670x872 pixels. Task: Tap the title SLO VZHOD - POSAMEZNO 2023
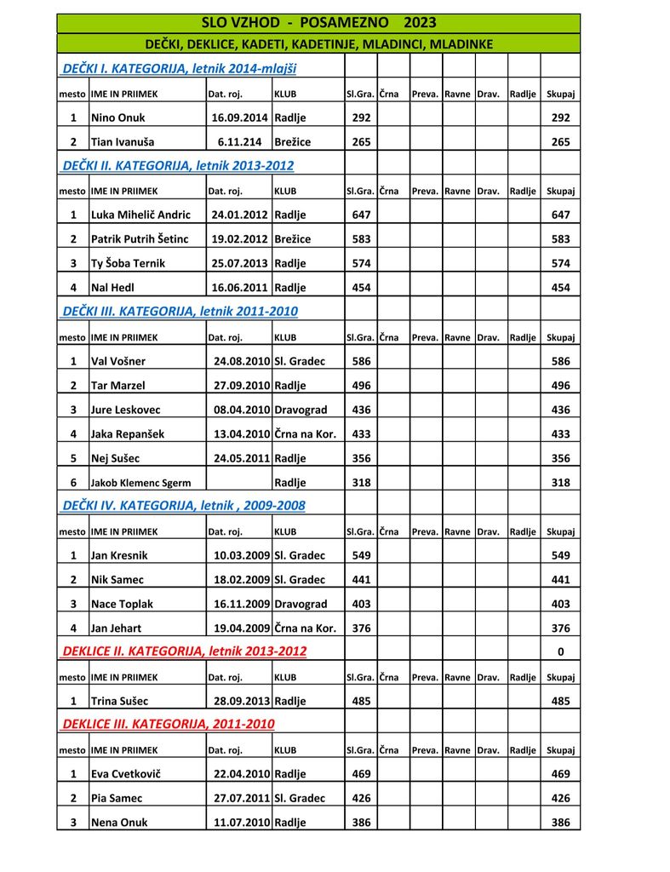pyautogui.click(x=318, y=22)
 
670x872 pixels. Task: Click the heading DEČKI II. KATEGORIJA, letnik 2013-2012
pyautogui.click(x=179, y=165)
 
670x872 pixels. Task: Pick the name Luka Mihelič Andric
pyautogui.click(x=140, y=215)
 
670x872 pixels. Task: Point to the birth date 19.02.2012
pyautogui.click(x=239, y=239)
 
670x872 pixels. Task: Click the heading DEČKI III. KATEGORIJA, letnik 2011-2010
pyautogui.click(x=180, y=312)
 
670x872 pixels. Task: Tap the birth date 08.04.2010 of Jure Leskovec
pyautogui.click(x=242, y=410)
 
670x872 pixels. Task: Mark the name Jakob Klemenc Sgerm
pyautogui.click(x=140, y=483)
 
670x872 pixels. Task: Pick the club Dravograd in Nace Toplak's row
pyautogui.click(x=301, y=604)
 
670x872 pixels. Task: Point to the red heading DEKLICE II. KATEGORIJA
pyautogui.click(x=185, y=651)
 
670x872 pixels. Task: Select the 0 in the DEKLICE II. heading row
pyautogui.click(x=560, y=652)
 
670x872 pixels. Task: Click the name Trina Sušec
pyautogui.click(x=119, y=701)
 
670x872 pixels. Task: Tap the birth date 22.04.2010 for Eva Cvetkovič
pyautogui.click(x=242, y=774)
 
